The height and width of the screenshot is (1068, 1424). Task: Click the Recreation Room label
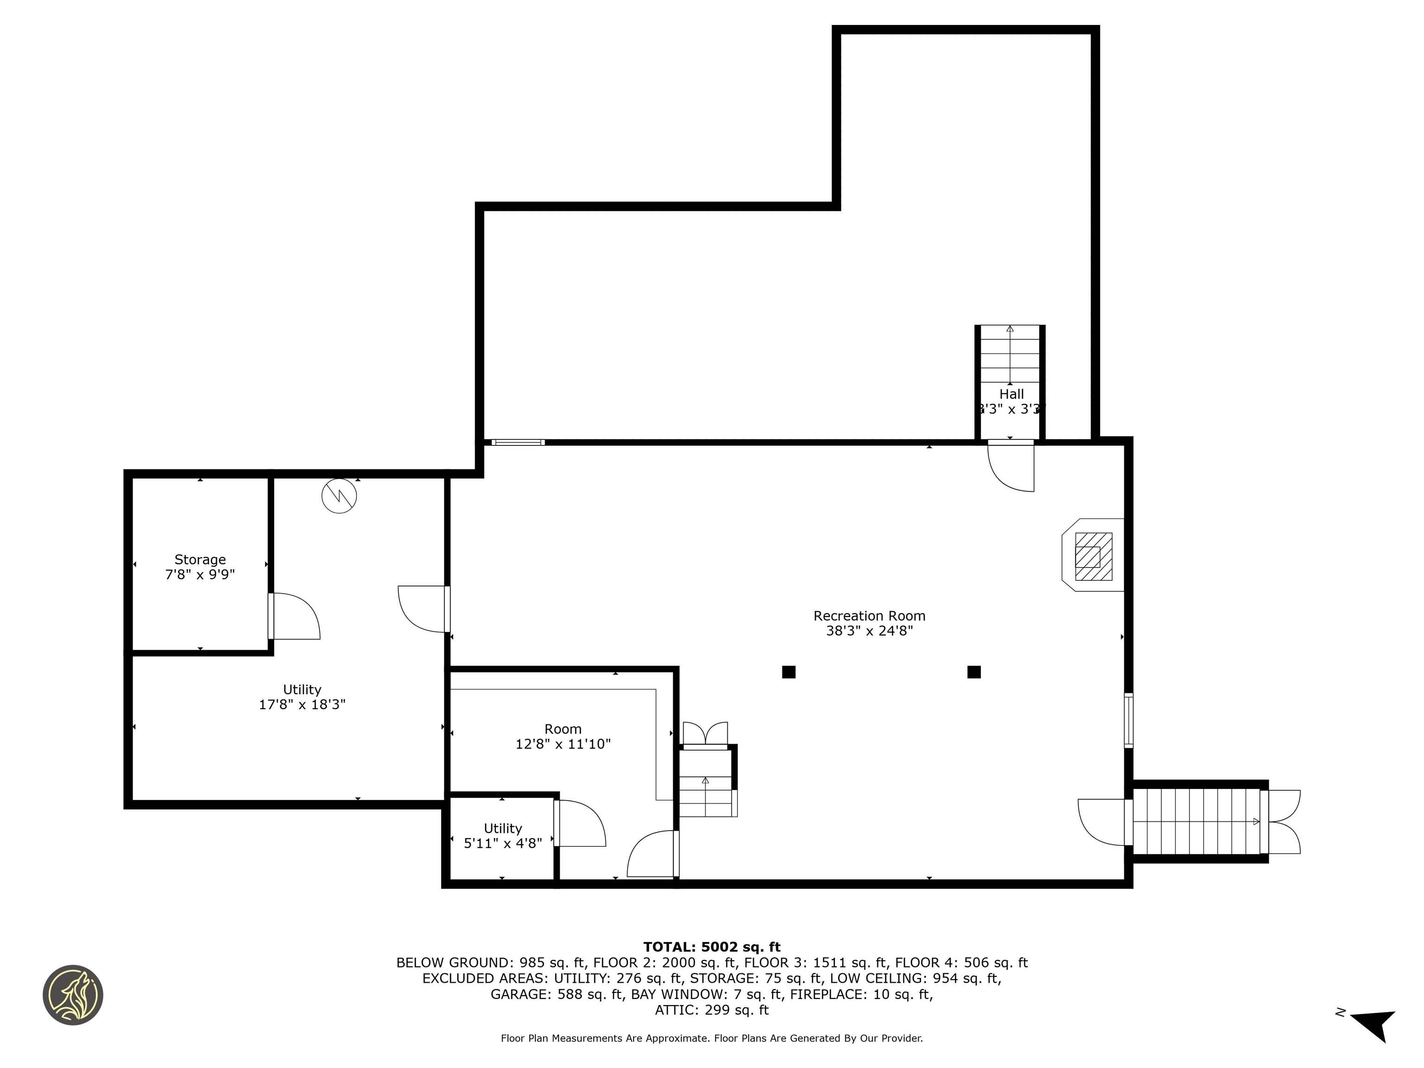(x=869, y=616)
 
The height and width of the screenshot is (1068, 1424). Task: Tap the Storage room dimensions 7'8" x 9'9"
(x=200, y=574)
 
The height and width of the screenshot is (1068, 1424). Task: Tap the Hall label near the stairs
(x=1011, y=394)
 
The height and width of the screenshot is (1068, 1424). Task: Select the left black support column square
(x=788, y=672)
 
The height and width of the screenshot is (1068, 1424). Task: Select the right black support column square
(x=973, y=672)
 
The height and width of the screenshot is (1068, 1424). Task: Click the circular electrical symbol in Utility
(x=339, y=496)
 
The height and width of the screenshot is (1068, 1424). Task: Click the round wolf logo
(x=73, y=995)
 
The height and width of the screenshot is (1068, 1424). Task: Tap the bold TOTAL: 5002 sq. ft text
(x=712, y=947)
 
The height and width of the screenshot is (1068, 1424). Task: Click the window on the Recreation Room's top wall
(x=518, y=442)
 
